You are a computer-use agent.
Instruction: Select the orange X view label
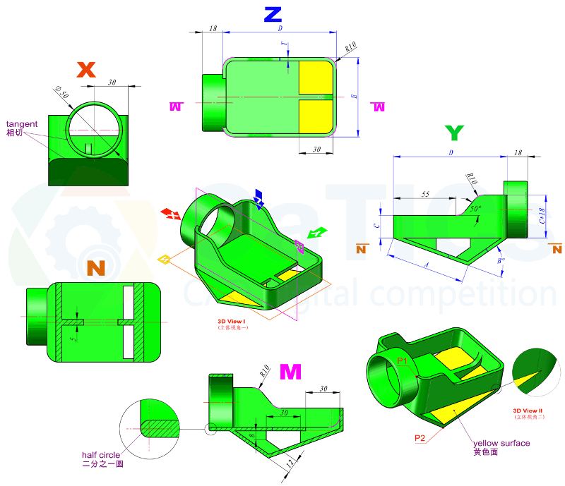[x=85, y=70]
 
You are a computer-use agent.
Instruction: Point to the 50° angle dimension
[x=476, y=209]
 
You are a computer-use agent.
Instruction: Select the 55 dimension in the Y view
[x=424, y=194]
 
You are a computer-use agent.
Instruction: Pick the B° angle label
[x=501, y=260]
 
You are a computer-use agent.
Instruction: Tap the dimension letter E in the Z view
[x=354, y=95]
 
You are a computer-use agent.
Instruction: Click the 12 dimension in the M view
[x=290, y=463]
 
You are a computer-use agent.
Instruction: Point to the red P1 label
[x=403, y=361]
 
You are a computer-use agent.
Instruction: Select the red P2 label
[x=420, y=438]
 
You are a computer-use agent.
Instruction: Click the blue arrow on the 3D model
[x=259, y=199]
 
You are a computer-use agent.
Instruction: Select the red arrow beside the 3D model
[x=170, y=214]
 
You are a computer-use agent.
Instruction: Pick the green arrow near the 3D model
[x=318, y=232]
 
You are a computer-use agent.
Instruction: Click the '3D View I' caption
[x=232, y=321]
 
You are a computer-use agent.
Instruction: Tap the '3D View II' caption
[x=527, y=410]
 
